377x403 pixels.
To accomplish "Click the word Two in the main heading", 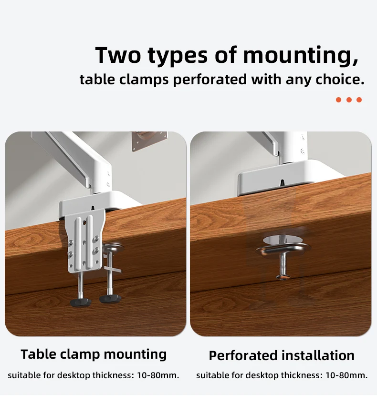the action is [x=118, y=55].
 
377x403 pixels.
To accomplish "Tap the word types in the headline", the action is [x=178, y=56].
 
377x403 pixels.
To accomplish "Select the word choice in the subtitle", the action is [x=340, y=79].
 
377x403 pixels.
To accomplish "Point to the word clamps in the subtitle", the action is [x=144, y=80].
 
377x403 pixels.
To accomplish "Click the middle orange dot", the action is [x=349, y=100].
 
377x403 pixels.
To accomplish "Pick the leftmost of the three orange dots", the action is [x=339, y=100].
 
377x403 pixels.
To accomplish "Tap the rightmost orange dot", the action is [x=359, y=100].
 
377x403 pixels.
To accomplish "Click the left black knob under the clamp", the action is [x=81, y=302].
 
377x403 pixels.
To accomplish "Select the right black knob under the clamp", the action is [x=110, y=299].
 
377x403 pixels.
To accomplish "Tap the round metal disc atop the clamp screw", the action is [x=114, y=248].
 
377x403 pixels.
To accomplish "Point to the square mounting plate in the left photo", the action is [x=149, y=141].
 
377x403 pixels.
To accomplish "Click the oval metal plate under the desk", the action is [x=283, y=250].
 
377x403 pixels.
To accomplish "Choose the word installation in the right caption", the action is [x=318, y=355].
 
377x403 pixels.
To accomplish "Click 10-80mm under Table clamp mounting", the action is [x=158, y=375].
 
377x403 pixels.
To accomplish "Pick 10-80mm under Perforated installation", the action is [x=346, y=375].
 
